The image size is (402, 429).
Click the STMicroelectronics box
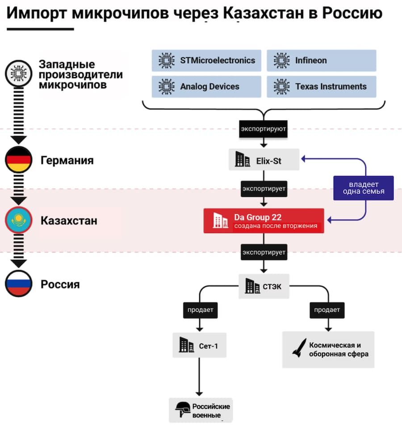tap(206, 60)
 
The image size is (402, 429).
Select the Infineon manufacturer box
tap(322, 60)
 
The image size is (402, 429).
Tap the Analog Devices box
tap(206, 87)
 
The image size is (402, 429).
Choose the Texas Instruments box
tap(322, 87)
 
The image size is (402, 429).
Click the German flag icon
tap(19, 159)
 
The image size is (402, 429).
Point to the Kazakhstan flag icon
tap(19, 220)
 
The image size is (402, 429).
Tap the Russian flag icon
tap(19, 283)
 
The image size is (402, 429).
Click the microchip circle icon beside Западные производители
tap(19, 74)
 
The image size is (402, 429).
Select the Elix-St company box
tap(264, 160)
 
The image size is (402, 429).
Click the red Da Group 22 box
tap(264, 221)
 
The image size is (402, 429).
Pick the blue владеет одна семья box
tap(364, 188)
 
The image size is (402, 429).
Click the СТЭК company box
tap(264, 286)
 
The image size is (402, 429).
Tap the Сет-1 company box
tap(199, 345)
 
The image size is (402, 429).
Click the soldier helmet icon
tap(183, 409)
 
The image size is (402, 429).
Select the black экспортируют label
tap(264, 129)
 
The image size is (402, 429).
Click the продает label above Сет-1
tap(201, 310)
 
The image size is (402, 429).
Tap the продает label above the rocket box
tap(327, 310)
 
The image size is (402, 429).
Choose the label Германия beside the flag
tap(67, 160)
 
